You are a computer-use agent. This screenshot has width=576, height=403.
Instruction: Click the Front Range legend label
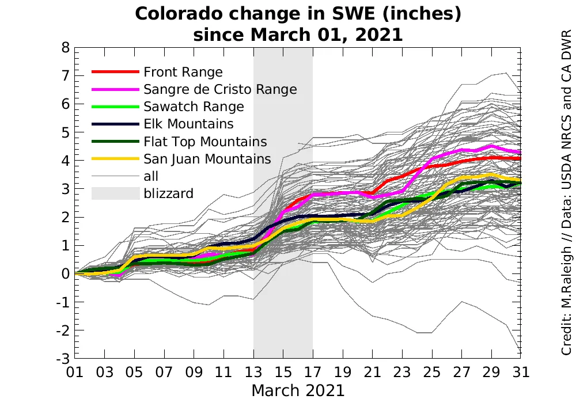pyautogui.click(x=183, y=72)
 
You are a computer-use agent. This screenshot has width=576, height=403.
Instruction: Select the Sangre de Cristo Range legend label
pyautogui.click(x=220, y=89)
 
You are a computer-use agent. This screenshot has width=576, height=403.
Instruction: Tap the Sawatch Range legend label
pyautogui.click(x=194, y=107)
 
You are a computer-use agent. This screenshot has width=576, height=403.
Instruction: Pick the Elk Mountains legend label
pyautogui.click(x=188, y=124)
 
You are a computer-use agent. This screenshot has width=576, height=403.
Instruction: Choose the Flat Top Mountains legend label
pyautogui.click(x=205, y=142)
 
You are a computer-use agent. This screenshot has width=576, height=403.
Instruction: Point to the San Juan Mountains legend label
pyautogui.click(x=207, y=159)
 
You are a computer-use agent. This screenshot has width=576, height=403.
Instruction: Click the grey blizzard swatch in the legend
pyautogui.click(x=116, y=193)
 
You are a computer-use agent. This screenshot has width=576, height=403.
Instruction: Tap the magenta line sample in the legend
pyautogui.click(x=116, y=89)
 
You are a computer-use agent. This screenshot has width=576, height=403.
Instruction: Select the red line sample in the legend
pyautogui.click(x=116, y=72)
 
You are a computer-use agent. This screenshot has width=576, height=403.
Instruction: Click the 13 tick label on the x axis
pyautogui.click(x=253, y=372)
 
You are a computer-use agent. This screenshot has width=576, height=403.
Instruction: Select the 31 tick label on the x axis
pyautogui.click(x=521, y=372)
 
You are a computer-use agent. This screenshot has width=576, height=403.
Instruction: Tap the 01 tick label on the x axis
pyautogui.click(x=75, y=372)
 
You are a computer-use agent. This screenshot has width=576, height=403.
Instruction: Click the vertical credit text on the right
pyautogui.click(x=566, y=190)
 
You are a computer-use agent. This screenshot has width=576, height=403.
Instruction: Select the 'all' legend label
pyautogui.click(x=151, y=176)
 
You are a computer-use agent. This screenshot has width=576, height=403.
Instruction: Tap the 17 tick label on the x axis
pyautogui.click(x=313, y=372)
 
